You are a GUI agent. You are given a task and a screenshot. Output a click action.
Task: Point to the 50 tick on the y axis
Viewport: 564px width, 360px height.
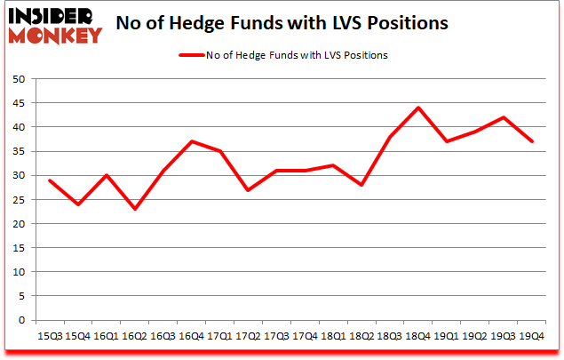[x=18, y=79]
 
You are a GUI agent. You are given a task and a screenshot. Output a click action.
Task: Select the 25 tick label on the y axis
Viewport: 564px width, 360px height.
[x=18, y=200]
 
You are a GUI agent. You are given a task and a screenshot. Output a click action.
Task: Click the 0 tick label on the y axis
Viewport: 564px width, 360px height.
[x=21, y=321]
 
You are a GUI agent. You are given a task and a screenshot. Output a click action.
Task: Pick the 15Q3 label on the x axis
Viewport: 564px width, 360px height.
[x=50, y=336]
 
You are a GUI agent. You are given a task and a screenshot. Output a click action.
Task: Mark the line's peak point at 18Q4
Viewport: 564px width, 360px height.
[x=417, y=108]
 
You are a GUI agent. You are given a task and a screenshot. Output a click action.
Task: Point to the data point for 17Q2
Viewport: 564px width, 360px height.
[x=247, y=190]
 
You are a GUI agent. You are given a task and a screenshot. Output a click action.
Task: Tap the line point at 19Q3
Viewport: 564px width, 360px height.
[x=504, y=117]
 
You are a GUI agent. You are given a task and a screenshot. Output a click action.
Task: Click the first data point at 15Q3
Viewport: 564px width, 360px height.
[x=50, y=180]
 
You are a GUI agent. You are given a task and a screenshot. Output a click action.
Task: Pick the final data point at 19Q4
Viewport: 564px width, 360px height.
[x=531, y=141]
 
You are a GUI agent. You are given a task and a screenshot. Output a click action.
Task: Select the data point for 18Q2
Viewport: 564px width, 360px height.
[x=361, y=185]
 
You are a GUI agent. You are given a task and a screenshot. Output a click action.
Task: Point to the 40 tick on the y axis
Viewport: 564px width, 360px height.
[x=18, y=127]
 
